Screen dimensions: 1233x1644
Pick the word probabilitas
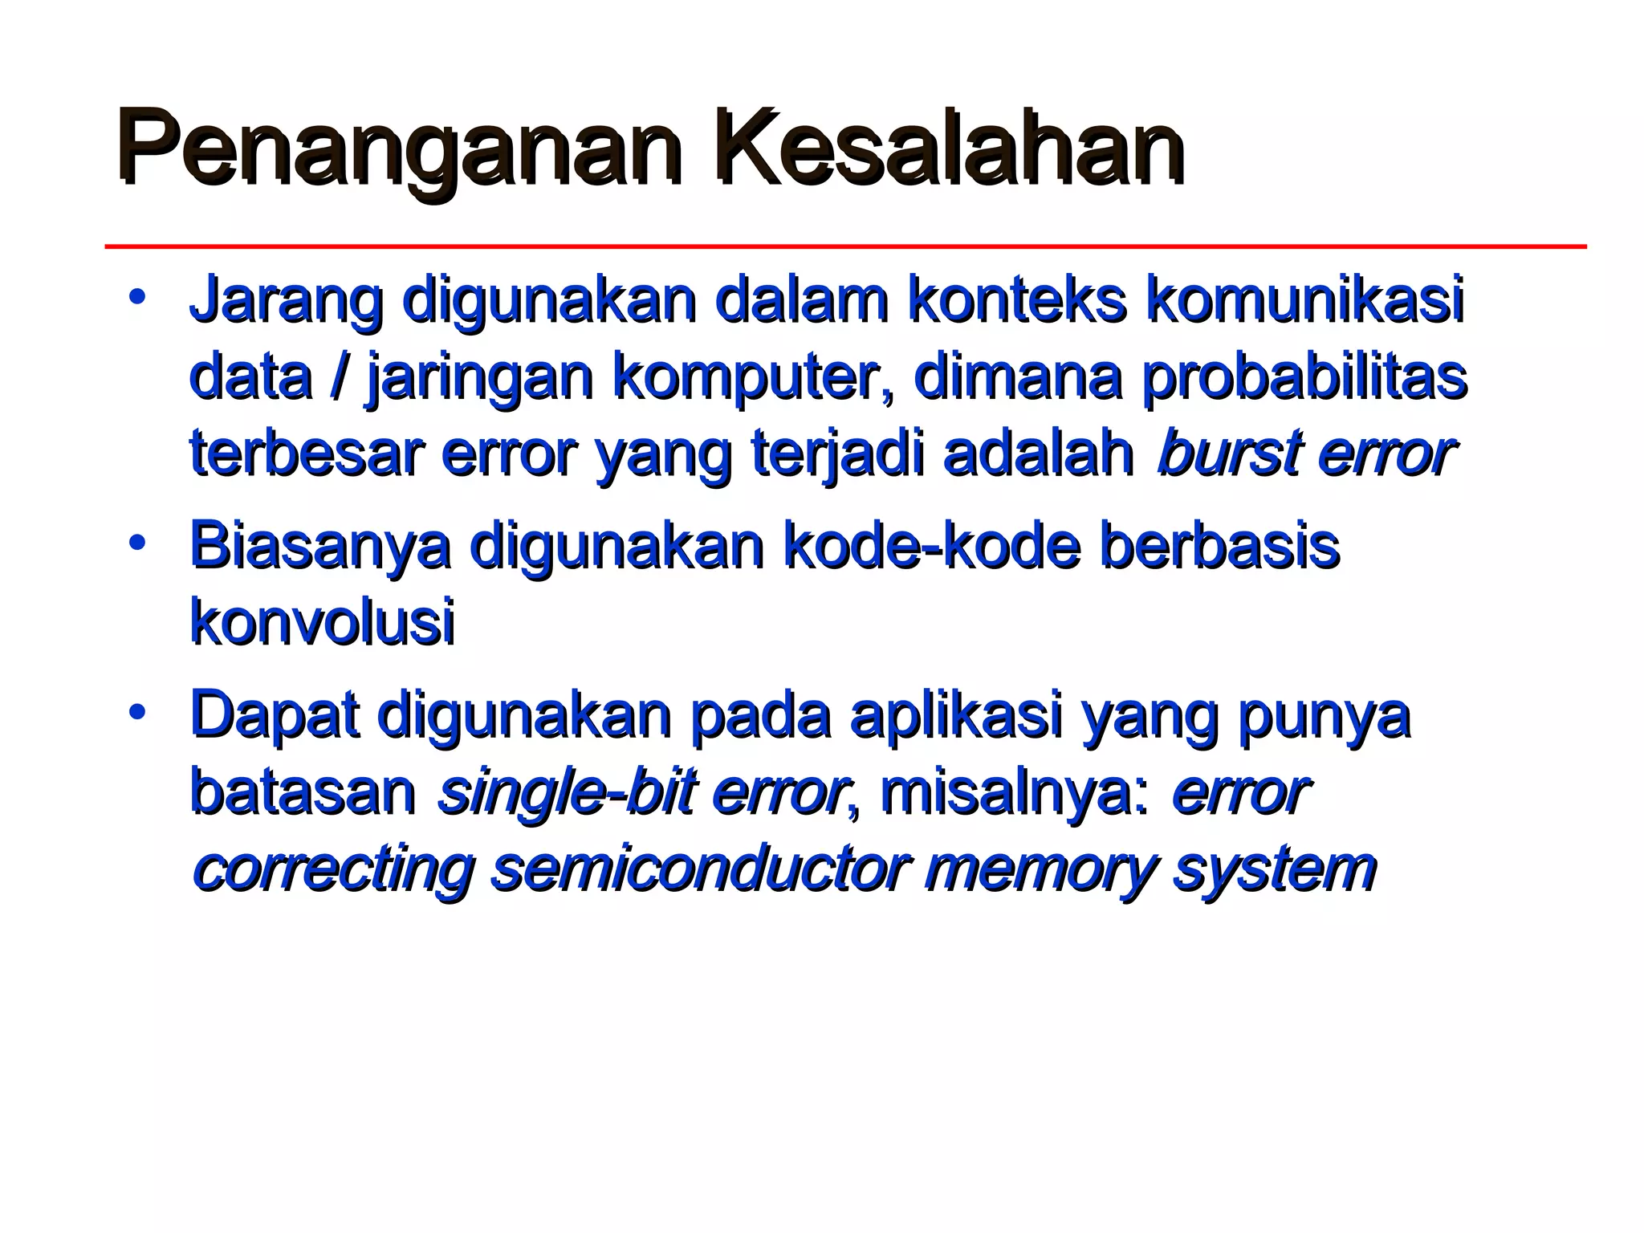point(1304,377)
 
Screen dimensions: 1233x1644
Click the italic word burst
point(1223,454)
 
